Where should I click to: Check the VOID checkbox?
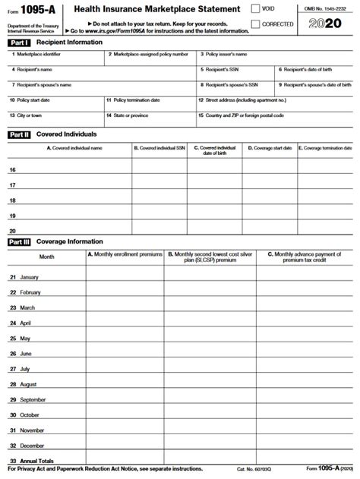click(257, 8)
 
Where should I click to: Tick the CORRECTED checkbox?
click(257, 24)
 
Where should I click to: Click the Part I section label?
click(19, 43)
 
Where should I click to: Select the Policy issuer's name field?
click(276, 59)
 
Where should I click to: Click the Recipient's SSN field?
click(237, 74)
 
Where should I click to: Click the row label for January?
click(28, 278)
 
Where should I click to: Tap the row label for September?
click(32, 399)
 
